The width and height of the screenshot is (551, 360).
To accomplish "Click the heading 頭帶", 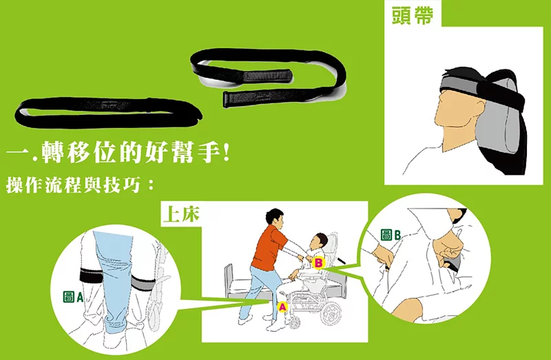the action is click(x=412, y=15).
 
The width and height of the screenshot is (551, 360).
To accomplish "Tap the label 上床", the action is click(x=181, y=213).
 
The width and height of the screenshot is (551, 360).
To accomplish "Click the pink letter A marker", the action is click(x=282, y=307).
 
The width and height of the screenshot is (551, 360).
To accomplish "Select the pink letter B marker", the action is click(x=318, y=262).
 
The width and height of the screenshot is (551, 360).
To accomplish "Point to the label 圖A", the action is click(x=73, y=297).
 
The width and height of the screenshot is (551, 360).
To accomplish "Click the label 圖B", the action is click(x=391, y=235).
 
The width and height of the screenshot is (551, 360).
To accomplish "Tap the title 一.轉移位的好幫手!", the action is click(x=118, y=153).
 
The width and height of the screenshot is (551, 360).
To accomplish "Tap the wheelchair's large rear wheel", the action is click(x=331, y=314).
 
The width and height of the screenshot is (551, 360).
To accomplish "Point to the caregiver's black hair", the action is click(x=273, y=215).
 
